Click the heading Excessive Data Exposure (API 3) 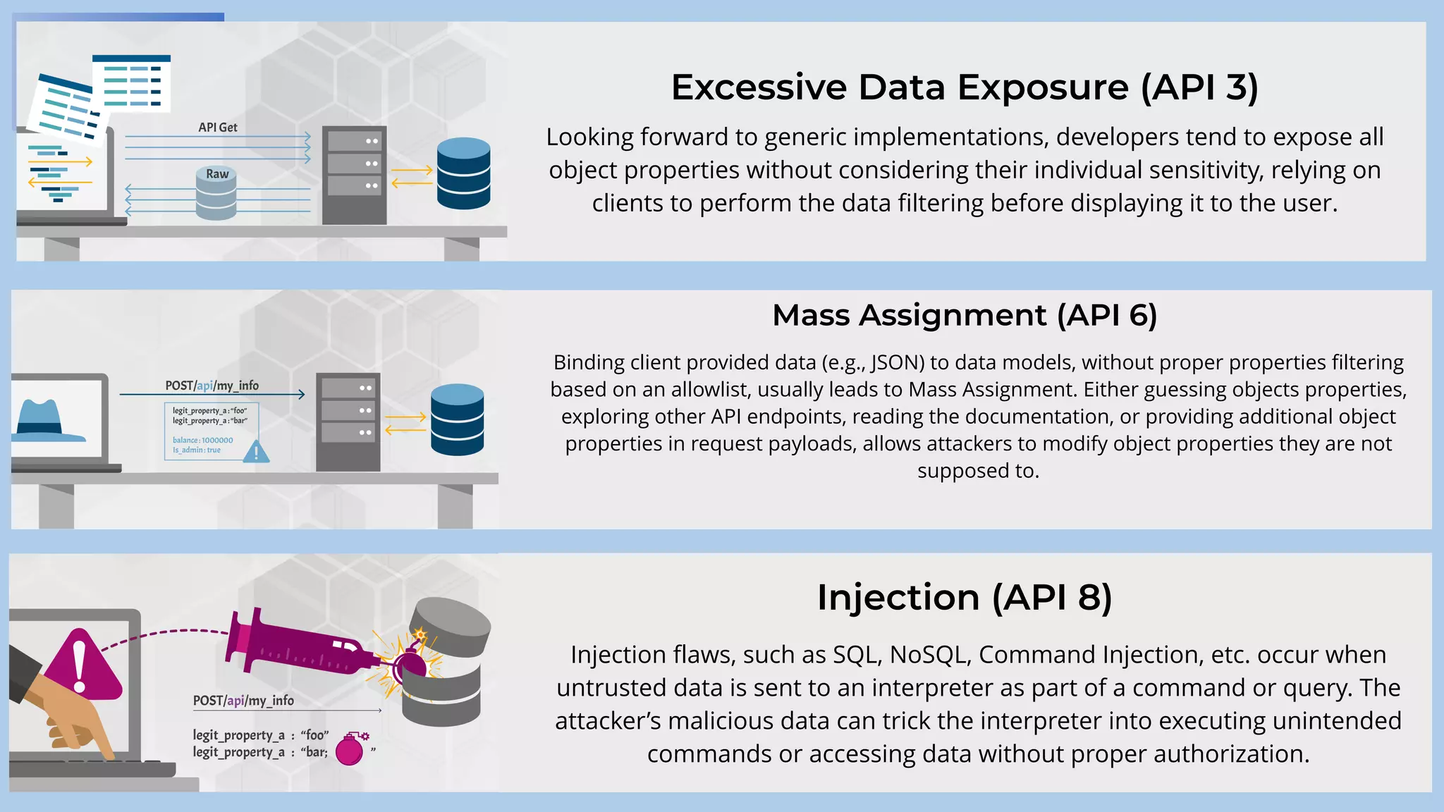(x=964, y=87)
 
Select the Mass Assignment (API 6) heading (x=964, y=315)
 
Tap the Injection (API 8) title (x=964, y=598)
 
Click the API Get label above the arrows (x=217, y=128)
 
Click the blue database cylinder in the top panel (x=463, y=173)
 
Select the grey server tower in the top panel (x=354, y=175)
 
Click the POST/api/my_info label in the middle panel (x=212, y=386)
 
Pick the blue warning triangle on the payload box (x=256, y=452)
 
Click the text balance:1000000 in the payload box (x=202, y=440)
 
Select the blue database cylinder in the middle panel (x=457, y=419)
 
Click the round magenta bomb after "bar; (x=350, y=751)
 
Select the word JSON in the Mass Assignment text (x=895, y=362)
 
